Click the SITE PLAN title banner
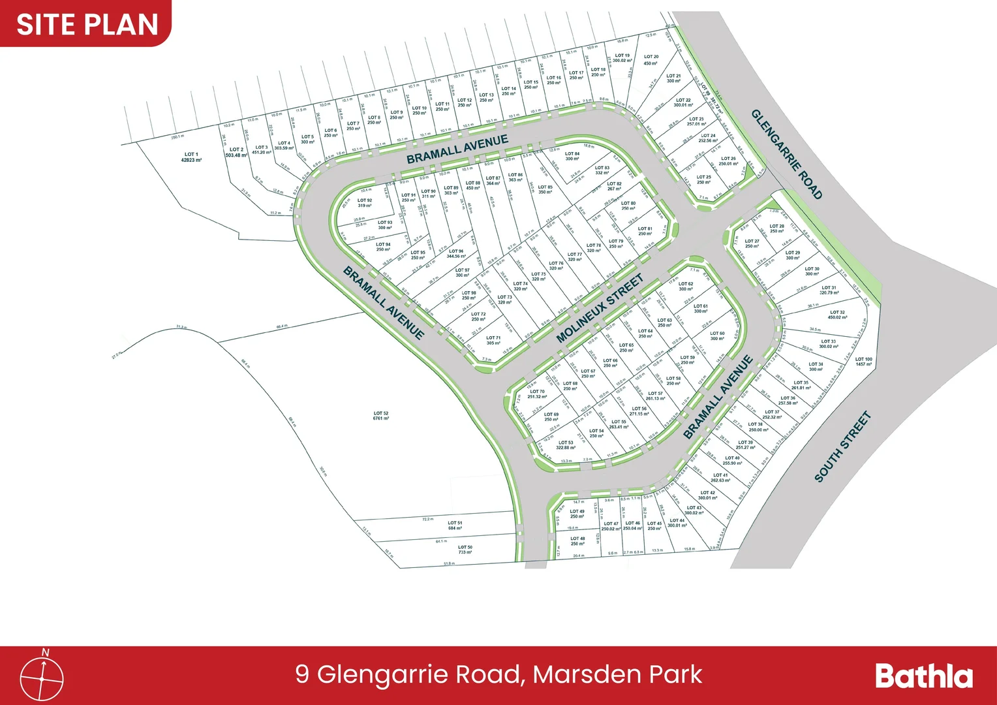tap(87, 24)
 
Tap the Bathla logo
tap(923, 676)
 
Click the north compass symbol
tap(42, 677)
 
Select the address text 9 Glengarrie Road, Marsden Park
tap(498, 674)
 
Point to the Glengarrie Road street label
tap(786, 154)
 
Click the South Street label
tap(842, 446)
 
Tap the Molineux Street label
tap(600, 307)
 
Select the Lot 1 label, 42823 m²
tap(191, 157)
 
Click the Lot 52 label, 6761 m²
tap(381, 416)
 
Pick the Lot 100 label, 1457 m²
tap(863, 362)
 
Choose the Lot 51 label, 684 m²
tap(455, 525)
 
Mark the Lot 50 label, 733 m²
tap(465, 550)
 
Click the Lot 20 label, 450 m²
tap(651, 60)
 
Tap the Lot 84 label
tap(572, 156)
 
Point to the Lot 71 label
tap(493, 340)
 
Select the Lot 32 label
tap(837, 315)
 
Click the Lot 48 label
tap(577, 541)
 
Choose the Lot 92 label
tap(365, 203)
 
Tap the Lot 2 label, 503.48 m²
tap(236, 152)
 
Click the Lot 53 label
tap(566, 445)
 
